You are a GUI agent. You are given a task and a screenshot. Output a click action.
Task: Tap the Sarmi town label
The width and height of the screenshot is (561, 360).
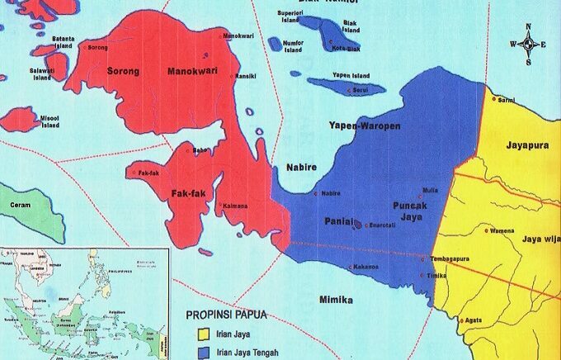pos(507,100)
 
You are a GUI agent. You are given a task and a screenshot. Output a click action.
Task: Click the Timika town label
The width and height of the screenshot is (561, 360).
pos(437,275)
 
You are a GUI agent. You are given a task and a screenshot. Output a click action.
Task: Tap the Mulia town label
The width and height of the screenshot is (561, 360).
pos(430,189)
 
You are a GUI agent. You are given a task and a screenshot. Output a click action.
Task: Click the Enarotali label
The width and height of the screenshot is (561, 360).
pos(382,225)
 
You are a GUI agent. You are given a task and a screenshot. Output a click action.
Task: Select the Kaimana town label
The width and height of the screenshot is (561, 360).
pos(236,206)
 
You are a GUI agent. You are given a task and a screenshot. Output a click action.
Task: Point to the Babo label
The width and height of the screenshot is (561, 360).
pos(200,150)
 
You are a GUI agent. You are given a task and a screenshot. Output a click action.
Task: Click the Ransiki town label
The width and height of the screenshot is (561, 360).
pos(246,77)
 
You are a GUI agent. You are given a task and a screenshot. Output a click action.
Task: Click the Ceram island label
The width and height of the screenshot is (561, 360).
pos(20,204)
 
